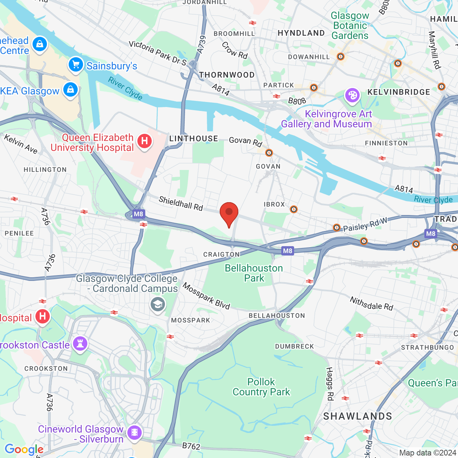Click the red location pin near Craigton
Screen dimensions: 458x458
229,213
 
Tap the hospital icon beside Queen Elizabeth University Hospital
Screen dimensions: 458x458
145,141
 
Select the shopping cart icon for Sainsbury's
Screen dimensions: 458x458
76,65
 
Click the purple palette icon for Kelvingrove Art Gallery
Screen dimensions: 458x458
352,95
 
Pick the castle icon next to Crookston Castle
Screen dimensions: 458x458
80,344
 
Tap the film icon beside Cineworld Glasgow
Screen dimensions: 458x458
135,432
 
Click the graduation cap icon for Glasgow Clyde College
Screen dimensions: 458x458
157,304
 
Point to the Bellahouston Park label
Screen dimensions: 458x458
254,273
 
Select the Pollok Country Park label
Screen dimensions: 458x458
261,387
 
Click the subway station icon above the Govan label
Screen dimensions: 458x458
269,153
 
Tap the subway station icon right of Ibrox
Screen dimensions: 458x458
293,209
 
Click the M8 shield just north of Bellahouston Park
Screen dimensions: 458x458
288,250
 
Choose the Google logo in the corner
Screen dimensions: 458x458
24,449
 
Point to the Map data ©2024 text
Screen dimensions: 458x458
428,453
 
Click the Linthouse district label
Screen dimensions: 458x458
194,138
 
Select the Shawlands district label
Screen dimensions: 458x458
357,416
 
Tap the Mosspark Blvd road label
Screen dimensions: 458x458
206,296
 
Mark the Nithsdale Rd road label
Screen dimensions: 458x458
371,303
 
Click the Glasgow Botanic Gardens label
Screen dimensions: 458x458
350,25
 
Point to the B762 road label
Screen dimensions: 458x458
191,446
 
